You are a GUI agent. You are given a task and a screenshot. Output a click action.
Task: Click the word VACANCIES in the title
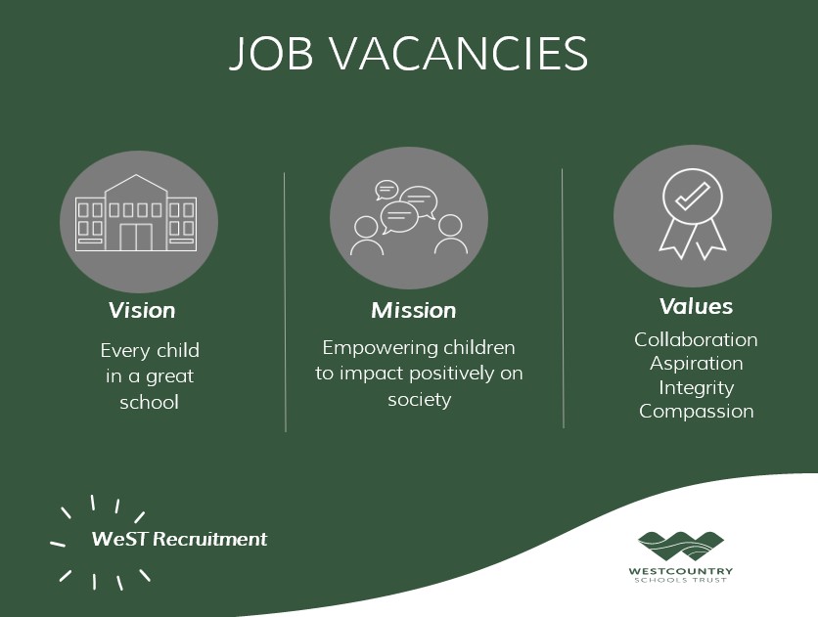454,54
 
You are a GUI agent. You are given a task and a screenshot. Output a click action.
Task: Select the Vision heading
142,311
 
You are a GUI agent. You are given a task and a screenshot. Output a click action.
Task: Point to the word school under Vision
149,402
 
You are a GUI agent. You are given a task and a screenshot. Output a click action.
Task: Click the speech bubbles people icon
408,218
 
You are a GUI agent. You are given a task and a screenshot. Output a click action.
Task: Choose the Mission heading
414,311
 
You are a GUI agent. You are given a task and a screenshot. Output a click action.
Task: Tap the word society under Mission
419,399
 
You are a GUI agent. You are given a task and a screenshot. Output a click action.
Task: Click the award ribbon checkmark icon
692,213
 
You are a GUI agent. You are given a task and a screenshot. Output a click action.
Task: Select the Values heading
696,306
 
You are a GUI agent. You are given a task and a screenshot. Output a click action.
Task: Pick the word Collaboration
696,339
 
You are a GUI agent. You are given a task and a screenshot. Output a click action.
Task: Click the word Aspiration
696,363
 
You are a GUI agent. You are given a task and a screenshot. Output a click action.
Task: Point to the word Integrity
696,387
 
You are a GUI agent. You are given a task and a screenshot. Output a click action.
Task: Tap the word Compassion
696,411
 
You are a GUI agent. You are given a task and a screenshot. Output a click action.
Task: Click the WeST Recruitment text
179,539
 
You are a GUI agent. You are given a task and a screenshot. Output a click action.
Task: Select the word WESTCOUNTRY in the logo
682,571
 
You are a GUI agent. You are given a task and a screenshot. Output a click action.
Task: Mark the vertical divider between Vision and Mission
285,301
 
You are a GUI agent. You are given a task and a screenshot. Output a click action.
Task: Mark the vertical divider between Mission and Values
563,298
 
